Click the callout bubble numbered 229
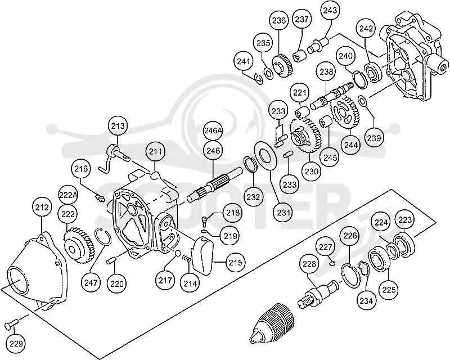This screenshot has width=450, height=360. (16, 343)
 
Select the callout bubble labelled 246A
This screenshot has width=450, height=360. (213, 130)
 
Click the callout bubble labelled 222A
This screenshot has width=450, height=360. (68, 195)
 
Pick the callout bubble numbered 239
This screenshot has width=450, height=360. (374, 138)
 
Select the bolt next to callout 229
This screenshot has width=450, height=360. (11, 323)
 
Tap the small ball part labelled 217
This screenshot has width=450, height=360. (178, 253)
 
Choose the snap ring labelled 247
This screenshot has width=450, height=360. (102, 237)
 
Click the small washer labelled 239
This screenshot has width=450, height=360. (362, 101)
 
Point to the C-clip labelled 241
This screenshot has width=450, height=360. (259, 78)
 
